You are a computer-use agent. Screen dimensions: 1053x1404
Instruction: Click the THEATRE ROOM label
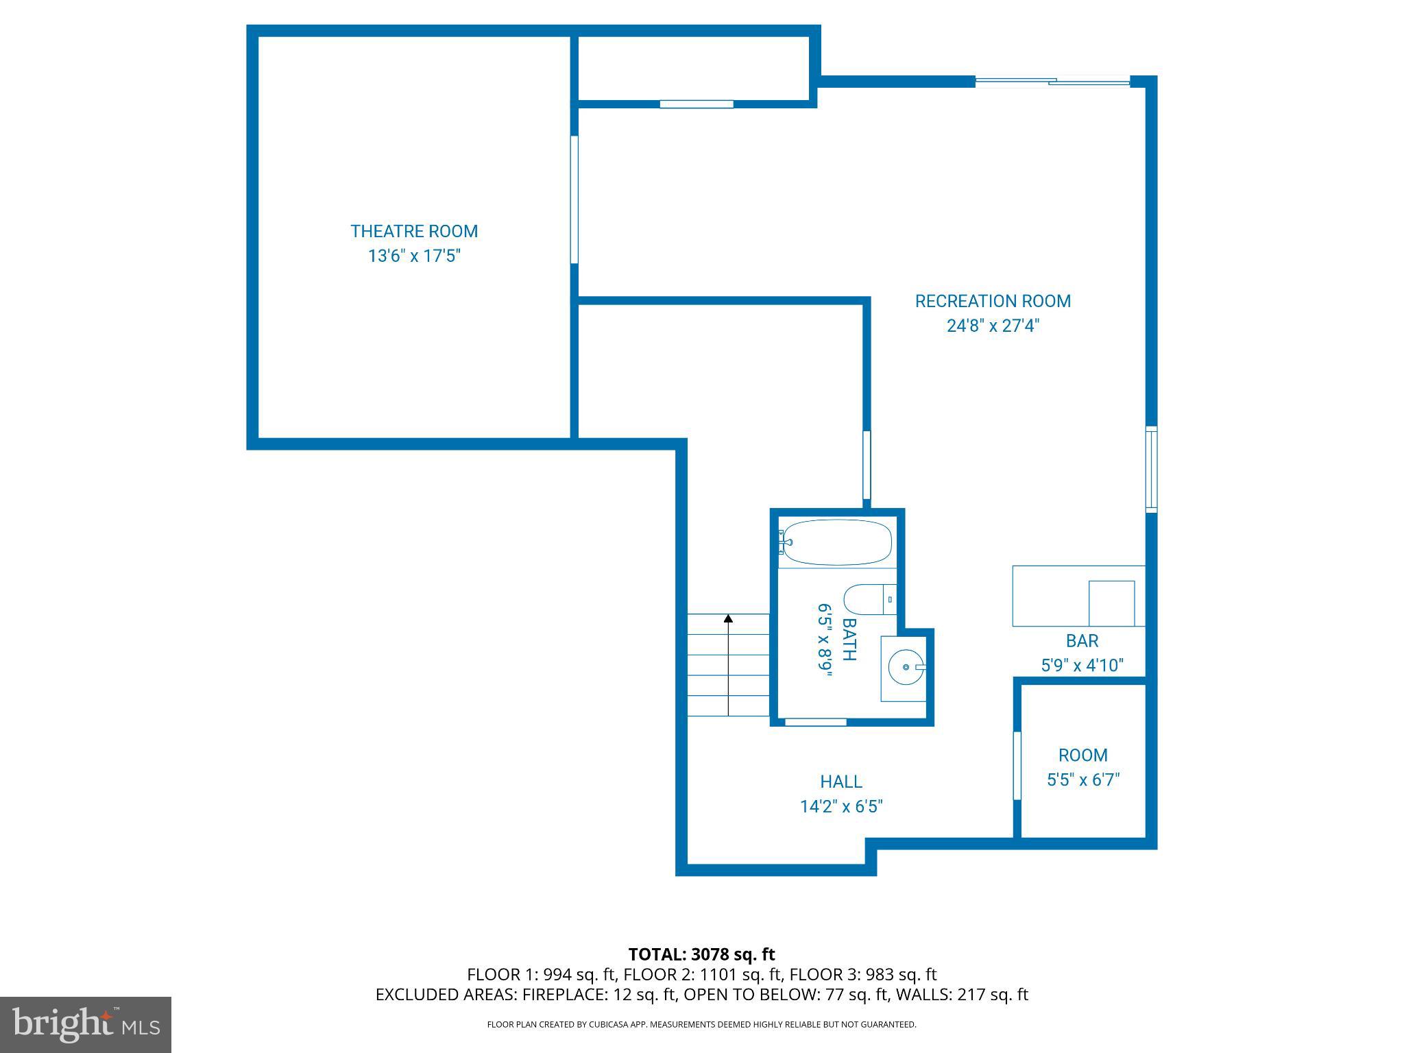point(414,232)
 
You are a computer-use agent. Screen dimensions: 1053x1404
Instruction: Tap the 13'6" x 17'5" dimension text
point(414,256)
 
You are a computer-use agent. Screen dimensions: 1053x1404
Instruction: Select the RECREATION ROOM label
point(993,301)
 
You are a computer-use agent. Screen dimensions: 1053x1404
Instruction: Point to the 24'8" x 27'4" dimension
point(993,326)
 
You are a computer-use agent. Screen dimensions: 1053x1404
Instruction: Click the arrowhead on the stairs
point(728,618)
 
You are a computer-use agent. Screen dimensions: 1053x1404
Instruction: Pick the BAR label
point(1082,641)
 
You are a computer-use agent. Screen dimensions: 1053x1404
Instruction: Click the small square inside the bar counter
point(1111,603)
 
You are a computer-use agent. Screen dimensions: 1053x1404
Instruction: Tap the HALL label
point(841,782)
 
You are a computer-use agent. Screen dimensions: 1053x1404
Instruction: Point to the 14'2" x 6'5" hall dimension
point(841,806)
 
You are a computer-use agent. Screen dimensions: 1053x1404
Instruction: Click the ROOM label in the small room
point(1082,755)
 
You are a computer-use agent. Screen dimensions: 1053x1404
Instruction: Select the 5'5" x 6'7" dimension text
point(1082,780)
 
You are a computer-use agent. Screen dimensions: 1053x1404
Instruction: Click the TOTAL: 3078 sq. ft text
point(701,954)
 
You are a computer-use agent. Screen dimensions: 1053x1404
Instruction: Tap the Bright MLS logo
point(85,1025)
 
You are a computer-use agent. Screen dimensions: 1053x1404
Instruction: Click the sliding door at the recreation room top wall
point(1052,82)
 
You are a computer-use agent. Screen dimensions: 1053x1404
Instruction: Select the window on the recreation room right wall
point(1152,470)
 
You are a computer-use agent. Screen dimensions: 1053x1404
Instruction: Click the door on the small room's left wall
point(1017,765)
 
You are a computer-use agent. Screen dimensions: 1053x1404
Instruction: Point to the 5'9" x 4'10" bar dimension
point(1082,666)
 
